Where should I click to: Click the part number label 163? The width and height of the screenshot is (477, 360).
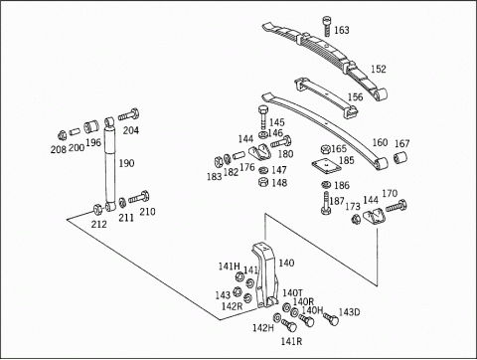point(342,30)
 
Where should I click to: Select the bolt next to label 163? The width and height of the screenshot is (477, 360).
point(327,26)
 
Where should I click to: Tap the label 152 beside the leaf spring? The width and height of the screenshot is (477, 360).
point(379,69)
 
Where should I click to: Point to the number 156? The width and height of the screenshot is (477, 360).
point(355,96)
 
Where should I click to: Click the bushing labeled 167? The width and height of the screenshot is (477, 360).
point(400,157)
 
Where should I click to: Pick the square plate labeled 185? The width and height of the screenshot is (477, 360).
point(326,167)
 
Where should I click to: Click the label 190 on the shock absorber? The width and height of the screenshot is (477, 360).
point(126,163)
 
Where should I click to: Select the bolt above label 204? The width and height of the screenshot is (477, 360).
point(128,115)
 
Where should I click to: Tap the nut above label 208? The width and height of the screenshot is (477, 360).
point(62,135)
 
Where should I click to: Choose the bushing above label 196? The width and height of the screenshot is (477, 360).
point(91,126)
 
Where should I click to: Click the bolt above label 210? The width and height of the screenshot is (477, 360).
point(139,197)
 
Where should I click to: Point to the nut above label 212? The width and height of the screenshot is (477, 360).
point(97,209)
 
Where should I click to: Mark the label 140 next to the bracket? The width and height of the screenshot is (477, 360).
point(286,263)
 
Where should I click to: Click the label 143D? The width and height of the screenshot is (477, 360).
point(349,312)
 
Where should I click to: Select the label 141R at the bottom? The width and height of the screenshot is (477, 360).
point(291,341)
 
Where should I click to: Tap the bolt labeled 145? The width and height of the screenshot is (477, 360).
point(263,117)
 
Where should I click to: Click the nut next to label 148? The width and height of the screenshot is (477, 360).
point(263,182)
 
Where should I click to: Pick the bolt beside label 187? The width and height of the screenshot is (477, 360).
point(326,203)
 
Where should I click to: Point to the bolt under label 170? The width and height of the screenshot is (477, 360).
point(397,206)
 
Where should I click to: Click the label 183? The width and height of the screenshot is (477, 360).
point(214,177)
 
